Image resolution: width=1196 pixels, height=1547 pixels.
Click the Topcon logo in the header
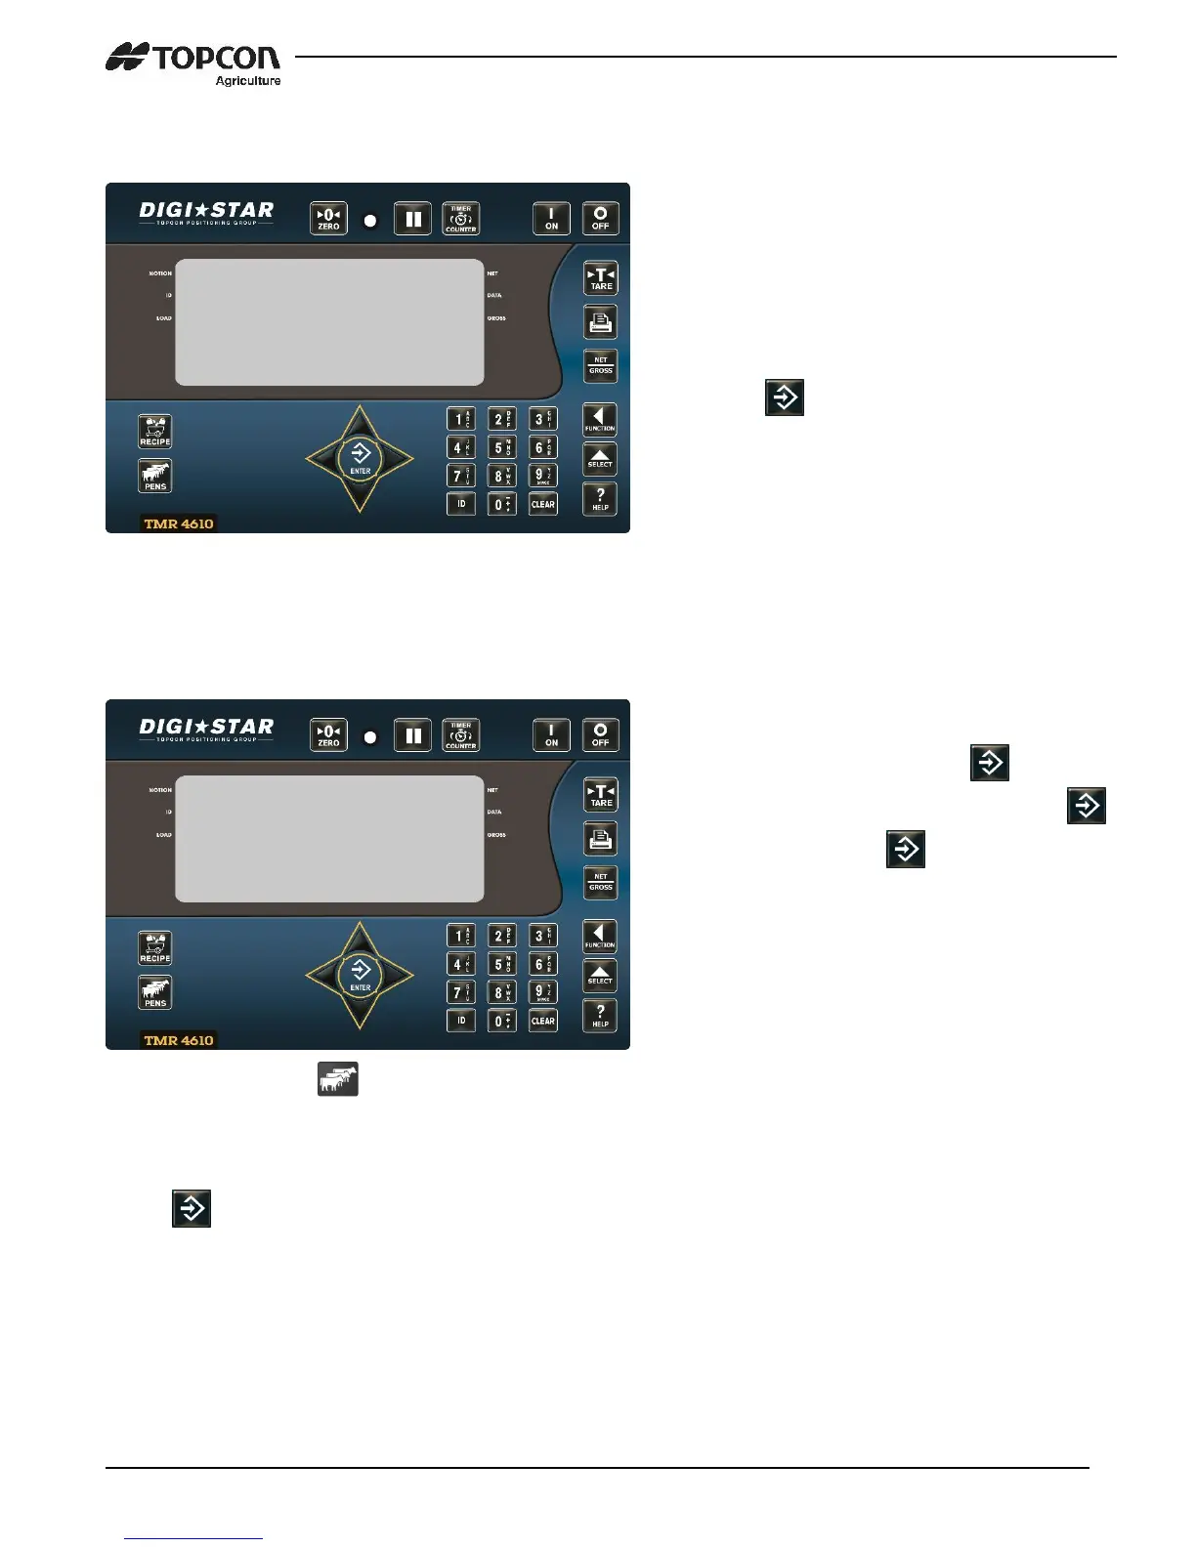tap(193, 59)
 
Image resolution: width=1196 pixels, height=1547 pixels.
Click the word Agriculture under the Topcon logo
tap(248, 81)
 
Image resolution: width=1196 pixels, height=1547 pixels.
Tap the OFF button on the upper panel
tap(600, 218)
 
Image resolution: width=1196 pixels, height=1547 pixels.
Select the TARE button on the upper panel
tap(601, 278)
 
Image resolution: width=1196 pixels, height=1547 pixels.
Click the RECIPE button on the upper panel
tap(155, 432)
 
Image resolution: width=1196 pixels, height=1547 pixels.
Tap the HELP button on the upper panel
tap(600, 499)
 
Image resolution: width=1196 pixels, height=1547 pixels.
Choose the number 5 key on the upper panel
tap(501, 448)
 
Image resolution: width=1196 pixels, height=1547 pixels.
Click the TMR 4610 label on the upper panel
tap(179, 523)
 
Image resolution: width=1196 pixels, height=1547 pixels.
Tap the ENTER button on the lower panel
tap(361, 973)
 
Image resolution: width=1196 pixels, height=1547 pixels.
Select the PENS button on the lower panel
tap(155, 992)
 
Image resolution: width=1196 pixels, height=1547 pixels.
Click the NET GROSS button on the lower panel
tap(601, 882)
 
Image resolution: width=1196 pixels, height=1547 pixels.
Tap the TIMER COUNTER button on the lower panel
tap(461, 734)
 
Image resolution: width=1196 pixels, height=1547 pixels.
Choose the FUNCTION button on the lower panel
tap(600, 937)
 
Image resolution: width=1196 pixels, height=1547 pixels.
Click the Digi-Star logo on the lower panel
tap(206, 729)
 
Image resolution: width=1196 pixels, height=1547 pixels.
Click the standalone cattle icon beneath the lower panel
tap(338, 1079)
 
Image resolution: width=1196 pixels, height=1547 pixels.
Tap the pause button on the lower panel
tap(413, 734)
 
